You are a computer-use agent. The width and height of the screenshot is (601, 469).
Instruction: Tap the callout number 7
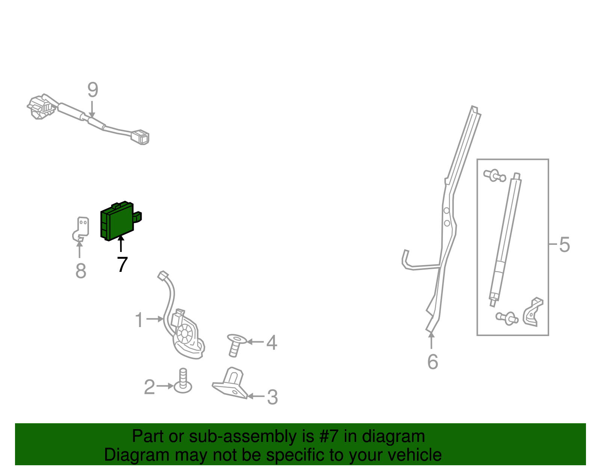tap(122, 264)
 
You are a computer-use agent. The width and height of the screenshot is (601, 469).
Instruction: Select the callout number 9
tap(93, 89)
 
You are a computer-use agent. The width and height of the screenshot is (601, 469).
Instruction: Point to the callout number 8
tap(81, 271)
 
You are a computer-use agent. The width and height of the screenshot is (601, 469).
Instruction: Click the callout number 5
tap(565, 244)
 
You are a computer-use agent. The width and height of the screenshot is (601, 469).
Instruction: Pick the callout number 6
tap(433, 362)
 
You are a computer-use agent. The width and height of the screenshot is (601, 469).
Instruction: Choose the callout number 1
tap(139, 320)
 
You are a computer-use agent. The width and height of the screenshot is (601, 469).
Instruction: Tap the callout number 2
tap(149, 387)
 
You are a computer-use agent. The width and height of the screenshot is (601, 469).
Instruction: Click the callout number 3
tap(272, 397)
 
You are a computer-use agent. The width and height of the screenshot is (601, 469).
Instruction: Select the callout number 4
tap(272, 342)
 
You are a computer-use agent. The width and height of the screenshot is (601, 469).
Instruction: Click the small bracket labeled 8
tap(81, 229)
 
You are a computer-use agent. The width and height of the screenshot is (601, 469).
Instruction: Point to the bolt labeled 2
tap(183, 381)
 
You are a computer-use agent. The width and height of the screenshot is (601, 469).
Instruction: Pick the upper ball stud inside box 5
tap(495, 175)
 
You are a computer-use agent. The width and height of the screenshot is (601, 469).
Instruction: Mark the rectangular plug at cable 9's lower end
tap(140, 137)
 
